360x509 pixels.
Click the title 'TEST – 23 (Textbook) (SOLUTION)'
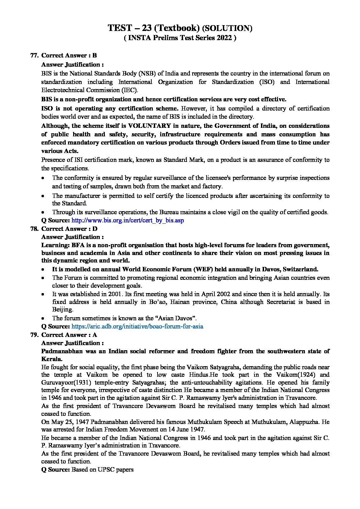coord(180,28)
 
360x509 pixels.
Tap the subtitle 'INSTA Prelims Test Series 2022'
coord(180,38)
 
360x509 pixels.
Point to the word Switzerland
coord(300,269)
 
